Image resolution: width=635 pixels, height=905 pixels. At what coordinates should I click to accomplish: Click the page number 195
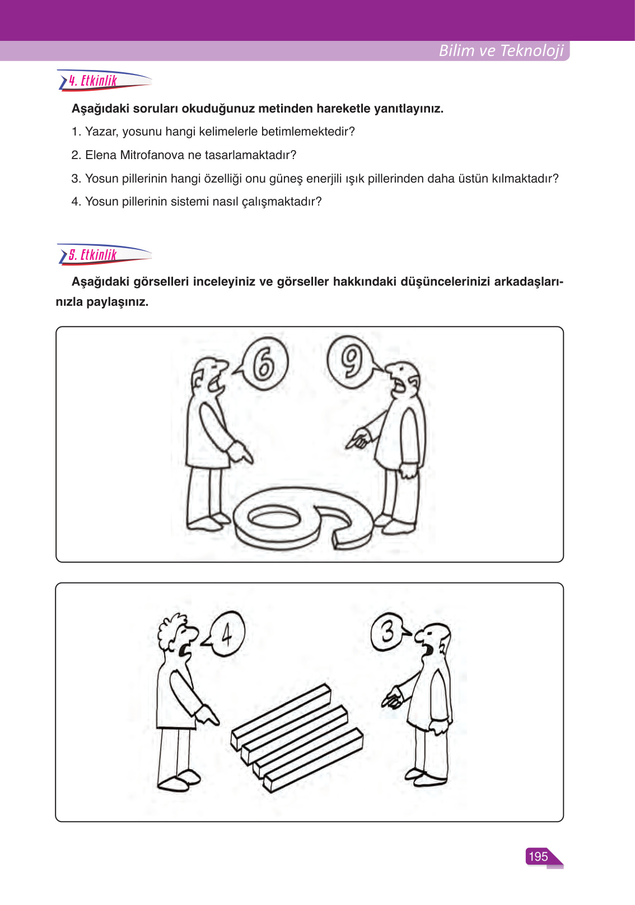point(538,856)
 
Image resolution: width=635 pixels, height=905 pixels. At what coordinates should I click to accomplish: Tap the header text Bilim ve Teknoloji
point(501,50)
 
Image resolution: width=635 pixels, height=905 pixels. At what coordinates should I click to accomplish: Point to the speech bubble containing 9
point(351,362)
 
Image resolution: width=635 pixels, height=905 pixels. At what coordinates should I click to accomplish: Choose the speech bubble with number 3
point(387,632)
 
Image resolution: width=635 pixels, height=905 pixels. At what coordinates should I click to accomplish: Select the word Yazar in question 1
point(101,132)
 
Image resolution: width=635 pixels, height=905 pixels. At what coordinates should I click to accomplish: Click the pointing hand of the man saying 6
point(242,452)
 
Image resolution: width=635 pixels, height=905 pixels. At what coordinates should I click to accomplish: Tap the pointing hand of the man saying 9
point(358,438)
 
